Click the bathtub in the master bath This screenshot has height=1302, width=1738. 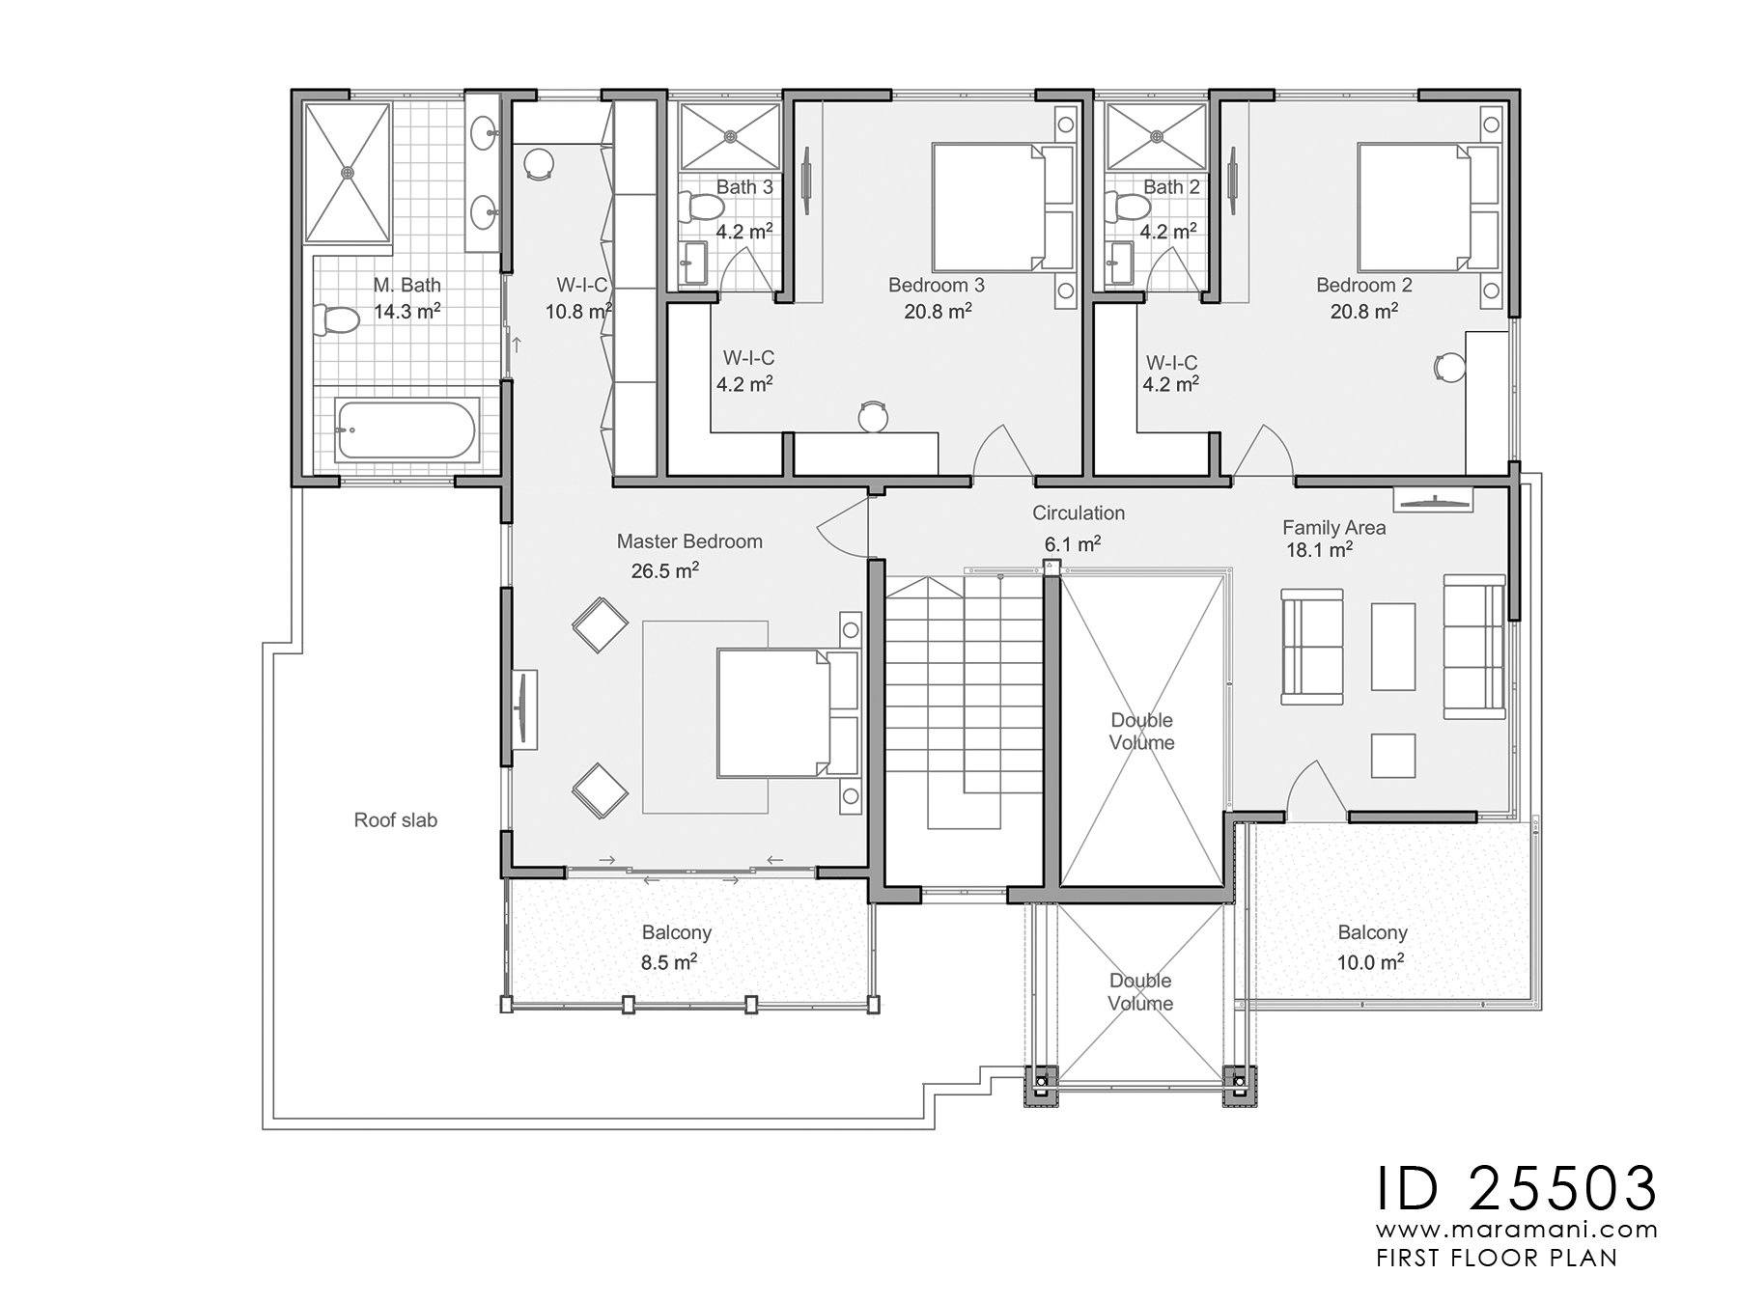(x=406, y=430)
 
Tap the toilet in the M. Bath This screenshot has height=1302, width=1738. (x=334, y=320)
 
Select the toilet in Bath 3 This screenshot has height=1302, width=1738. (x=703, y=206)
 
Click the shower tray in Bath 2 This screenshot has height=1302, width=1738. (x=1156, y=137)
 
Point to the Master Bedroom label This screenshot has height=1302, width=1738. (x=689, y=541)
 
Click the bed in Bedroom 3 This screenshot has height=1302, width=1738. (x=989, y=207)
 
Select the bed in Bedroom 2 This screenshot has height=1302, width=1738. (x=1416, y=207)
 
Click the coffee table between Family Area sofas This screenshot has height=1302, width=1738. (x=1392, y=647)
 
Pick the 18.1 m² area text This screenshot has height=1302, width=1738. (x=1318, y=551)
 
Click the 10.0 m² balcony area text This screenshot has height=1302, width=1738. (x=1370, y=962)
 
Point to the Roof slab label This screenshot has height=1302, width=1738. (x=395, y=820)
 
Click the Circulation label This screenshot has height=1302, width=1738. (x=1078, y=513)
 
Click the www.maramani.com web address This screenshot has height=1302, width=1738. (x=1516, y=1231)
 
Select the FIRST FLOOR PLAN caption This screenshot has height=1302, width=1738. (x=1496, y=1258)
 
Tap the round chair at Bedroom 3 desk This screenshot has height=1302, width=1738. (x=873, y=416)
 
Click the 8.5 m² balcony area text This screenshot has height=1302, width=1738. (x=668, y=962)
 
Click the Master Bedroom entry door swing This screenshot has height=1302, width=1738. (x=842, y=527)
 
